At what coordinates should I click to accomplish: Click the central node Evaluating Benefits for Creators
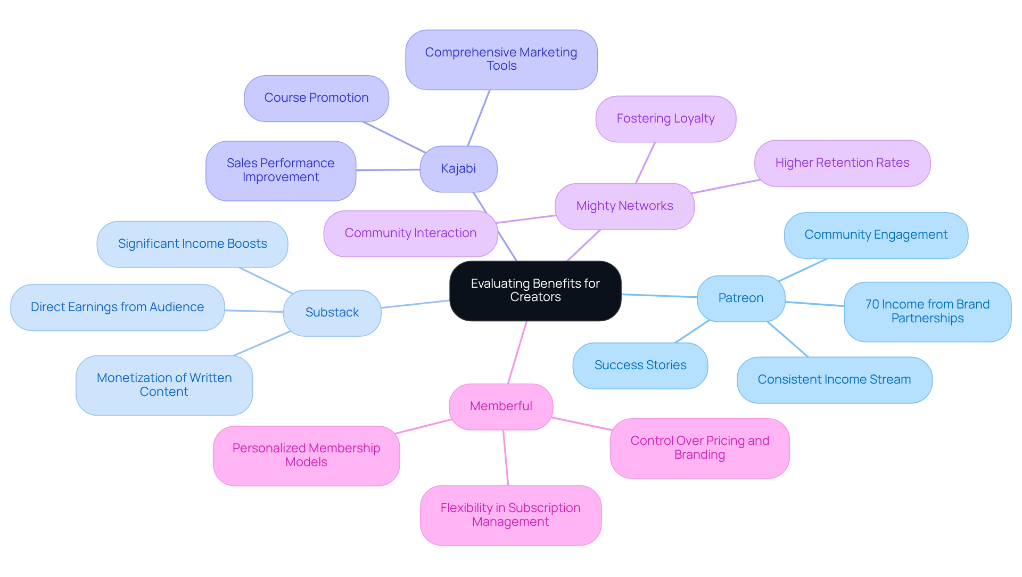[535, 290]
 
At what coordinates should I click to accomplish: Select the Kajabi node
[458, 169]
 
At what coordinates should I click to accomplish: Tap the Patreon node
[740, 298]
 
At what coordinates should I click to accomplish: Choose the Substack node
[332, 313]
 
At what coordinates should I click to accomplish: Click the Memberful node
[501, 407]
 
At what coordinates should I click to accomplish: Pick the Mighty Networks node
[624, 206]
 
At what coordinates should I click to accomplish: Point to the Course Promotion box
[316, 98]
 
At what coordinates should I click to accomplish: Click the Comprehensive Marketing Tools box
[501, 59]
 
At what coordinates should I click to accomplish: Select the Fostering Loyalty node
[665, 119]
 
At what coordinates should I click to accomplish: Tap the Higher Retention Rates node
[842, 163]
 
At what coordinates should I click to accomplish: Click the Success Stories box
[640, 365]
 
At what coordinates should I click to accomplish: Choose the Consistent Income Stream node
[834, 380]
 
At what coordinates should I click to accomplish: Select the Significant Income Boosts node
[192, 244]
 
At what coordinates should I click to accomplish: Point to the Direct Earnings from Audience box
[117, 307]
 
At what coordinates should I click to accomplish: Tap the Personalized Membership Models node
[306, 456]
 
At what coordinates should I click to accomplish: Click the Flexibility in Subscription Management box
[510, 515]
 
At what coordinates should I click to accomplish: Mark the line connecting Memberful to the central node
[517, 352]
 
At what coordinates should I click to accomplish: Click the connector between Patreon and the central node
[659, 296]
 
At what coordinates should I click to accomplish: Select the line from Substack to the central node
[415, 304]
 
